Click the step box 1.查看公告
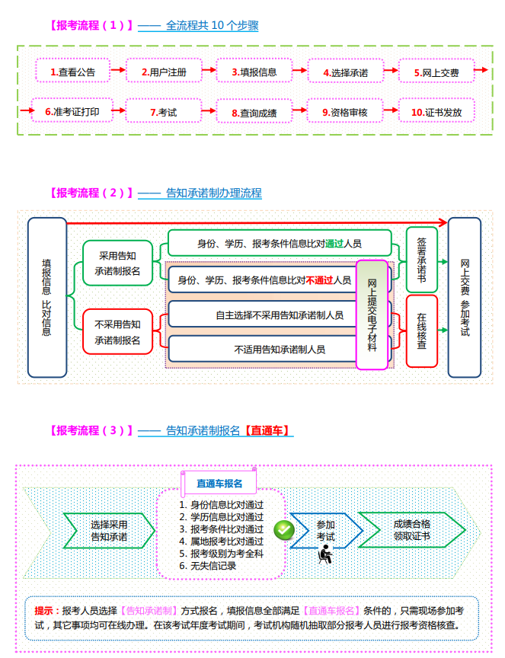pos(72,72)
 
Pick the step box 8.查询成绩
pos(254,113)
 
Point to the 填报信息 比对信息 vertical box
pos(46,297)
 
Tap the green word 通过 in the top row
pos(334,244)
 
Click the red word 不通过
pos(319,280)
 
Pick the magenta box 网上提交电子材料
pos(372,315)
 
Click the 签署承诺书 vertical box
pos(421,260)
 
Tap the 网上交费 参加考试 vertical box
pos(465,297)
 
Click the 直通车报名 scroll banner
pos(219,483)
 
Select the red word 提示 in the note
pos(47,611)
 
